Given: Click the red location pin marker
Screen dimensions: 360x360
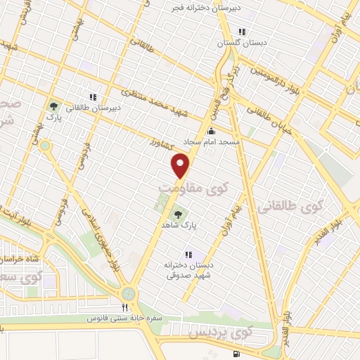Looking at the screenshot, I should click(181, 166).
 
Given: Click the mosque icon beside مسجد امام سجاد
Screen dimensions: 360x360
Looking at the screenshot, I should click(212, 130).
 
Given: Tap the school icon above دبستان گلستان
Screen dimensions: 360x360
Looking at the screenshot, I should click(242, 32).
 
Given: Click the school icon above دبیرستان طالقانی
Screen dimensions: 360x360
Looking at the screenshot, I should click(91, 97).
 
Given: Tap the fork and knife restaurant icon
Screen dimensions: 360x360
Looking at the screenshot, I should click(124, 307).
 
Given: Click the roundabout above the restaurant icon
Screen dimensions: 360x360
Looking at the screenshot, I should click(129, 293).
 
